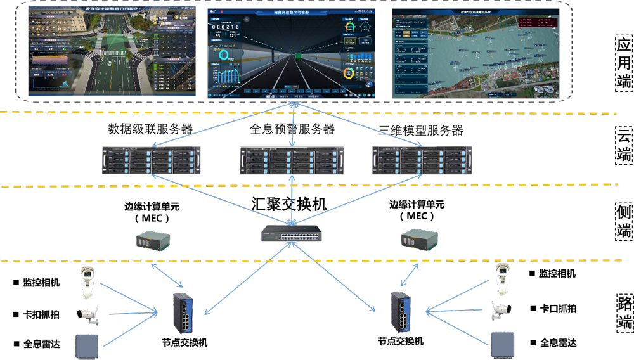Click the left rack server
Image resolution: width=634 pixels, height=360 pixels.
[x=152, y=160]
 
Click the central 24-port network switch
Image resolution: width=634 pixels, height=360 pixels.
[x=292, y=234]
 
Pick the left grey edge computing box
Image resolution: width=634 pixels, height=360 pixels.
[x=153, y=240]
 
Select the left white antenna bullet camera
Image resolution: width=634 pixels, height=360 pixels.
[x=87, y=314]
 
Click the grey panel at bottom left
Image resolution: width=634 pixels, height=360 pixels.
[x=87, y=345]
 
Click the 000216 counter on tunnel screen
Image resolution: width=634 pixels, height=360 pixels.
[x=226, y=27]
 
